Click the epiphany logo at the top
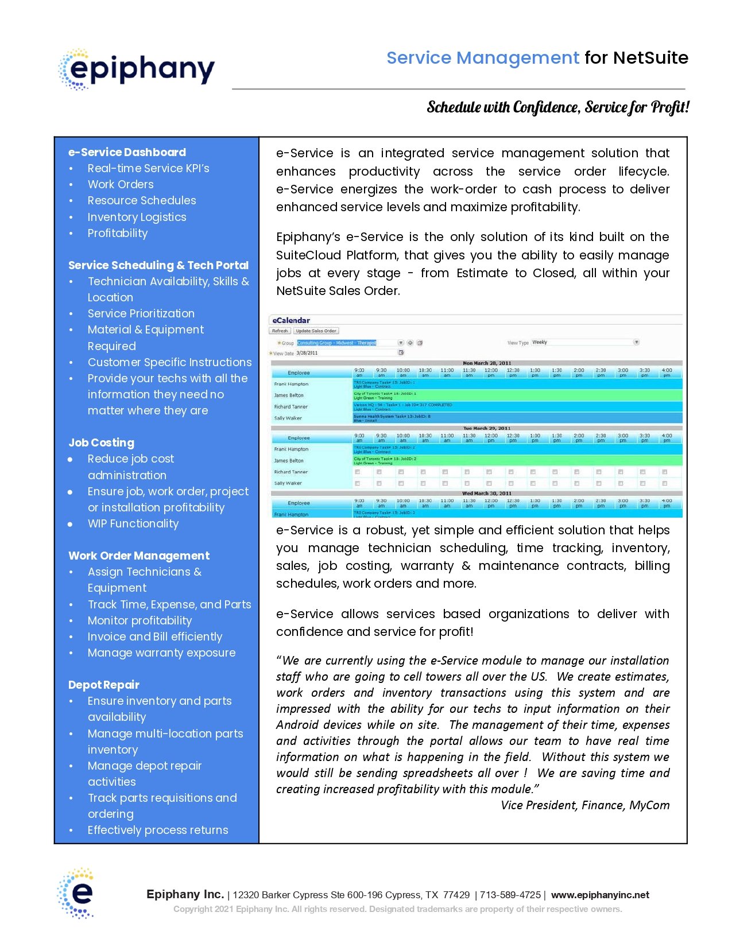pos(137,69)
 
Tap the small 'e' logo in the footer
pos(76,893)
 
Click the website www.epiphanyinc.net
pos(600,895)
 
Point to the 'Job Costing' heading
pos(101,443)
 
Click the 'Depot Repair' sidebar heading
pos(103,685)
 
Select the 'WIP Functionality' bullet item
pos(133,523)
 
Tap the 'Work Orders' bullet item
pos(121,184)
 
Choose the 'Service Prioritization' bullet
pos(141,313)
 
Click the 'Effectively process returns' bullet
pos(157,830)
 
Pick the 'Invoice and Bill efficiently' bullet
pos(154,636)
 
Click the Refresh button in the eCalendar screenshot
pos(280,331)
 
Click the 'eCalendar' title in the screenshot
pos(291,320)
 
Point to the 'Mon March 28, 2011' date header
pos(486,363)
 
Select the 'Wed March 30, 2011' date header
pos(486,494)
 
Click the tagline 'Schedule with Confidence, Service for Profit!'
pos(558,107)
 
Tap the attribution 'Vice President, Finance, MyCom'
pos(585,805)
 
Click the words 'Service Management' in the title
pos(483,58)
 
